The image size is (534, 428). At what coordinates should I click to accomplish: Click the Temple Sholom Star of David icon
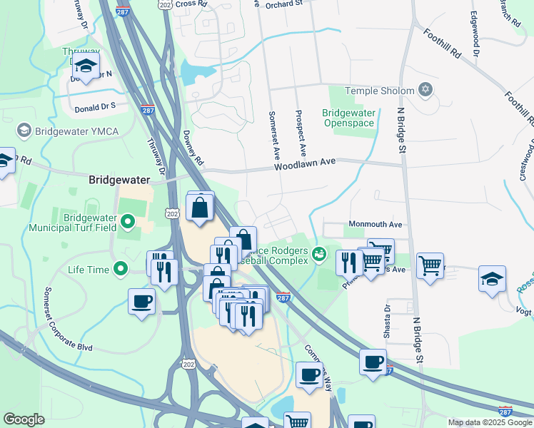[425, 90]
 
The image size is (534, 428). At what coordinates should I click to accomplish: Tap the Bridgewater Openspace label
[348, 118]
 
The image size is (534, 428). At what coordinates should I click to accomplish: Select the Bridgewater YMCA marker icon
[24, 131]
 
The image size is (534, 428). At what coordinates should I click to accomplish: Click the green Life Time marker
[121, 270]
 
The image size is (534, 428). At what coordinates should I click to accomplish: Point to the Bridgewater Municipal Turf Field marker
[129, 223]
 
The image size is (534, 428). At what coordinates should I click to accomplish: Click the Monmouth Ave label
[376, 224]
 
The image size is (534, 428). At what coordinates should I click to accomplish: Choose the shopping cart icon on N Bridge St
[430, 265]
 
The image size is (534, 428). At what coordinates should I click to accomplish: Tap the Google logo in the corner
[23, 419]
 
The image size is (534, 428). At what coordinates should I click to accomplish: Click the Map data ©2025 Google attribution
[489, 422]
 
